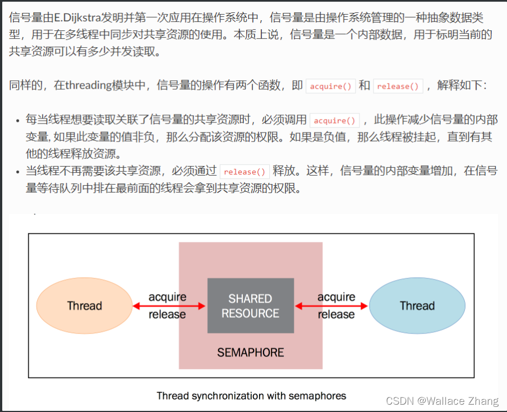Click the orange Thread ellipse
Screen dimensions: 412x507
[85, 306]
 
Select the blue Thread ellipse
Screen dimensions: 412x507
[417, 306]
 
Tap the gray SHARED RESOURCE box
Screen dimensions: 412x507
[250, 306]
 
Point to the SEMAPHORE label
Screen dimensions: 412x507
[250, 353]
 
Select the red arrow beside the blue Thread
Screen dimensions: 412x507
[331, 306]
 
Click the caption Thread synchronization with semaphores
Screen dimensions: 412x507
[251, 396]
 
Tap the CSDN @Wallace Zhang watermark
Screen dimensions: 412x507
[442, 401]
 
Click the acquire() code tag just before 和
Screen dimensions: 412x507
[331, 86]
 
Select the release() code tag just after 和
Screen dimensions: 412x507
[398, 86]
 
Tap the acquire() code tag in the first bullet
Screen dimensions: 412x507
[335, 120]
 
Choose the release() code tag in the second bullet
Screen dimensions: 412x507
[245, 172]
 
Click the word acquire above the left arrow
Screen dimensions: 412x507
[167, 297]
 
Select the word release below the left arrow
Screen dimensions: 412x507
[167, 314]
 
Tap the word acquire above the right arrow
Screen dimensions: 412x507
[337, 297]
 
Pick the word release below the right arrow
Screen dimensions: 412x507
[337, 314]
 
